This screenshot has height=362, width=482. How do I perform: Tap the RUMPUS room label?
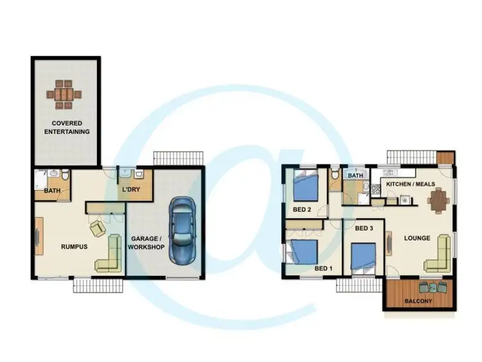click(74, 246)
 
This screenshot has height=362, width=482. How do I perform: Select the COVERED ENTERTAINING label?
click(67, 127)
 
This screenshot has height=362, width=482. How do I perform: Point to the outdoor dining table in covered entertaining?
click(65, 94)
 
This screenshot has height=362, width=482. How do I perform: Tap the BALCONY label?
click(418, 301)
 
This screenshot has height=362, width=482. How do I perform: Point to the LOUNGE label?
click(416, 238)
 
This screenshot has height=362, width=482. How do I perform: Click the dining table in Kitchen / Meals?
click(439, 202)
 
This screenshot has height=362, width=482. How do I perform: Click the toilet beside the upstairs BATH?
click(335, 175)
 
